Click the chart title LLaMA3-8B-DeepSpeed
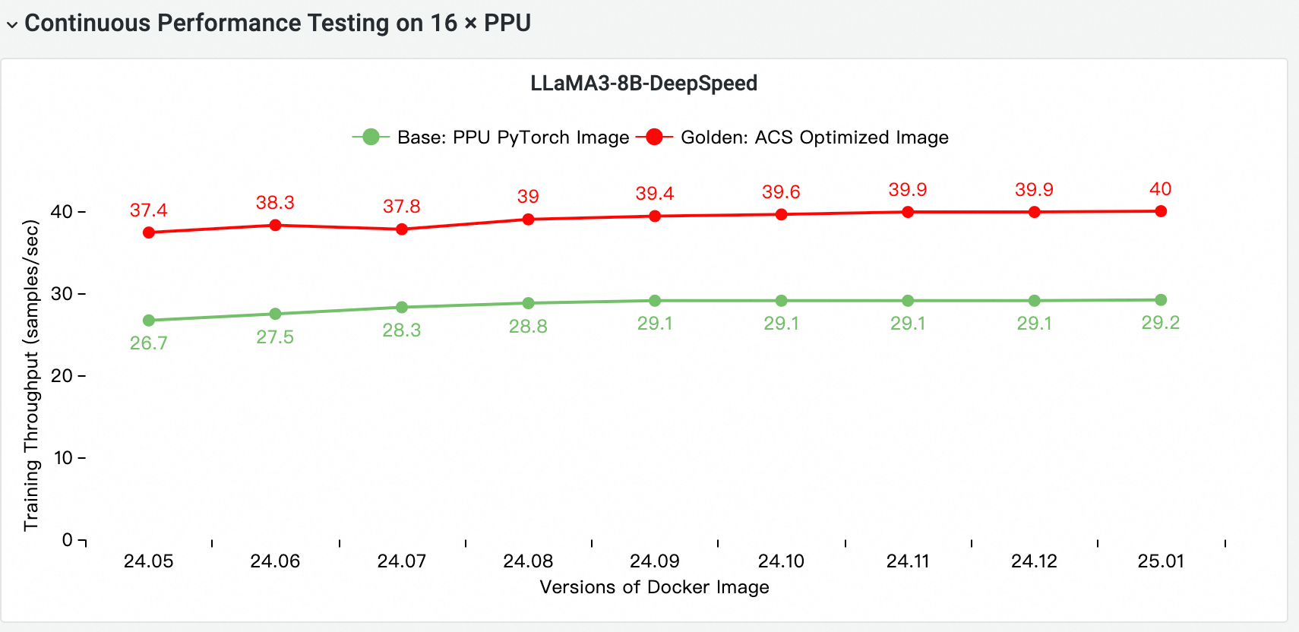643,83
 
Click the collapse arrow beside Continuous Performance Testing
12,24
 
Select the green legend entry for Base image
491,137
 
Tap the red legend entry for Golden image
792,137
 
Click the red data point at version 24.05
149,232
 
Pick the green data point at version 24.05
149,321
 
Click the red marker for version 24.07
402,229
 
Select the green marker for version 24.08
529,303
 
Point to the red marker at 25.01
1161,211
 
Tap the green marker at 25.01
1161,300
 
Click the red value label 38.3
275,203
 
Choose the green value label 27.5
275,337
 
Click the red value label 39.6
781,192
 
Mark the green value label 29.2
1161,323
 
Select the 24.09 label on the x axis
655,561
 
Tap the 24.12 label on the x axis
1034,561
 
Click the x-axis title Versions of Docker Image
654,587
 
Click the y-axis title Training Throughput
31,375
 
